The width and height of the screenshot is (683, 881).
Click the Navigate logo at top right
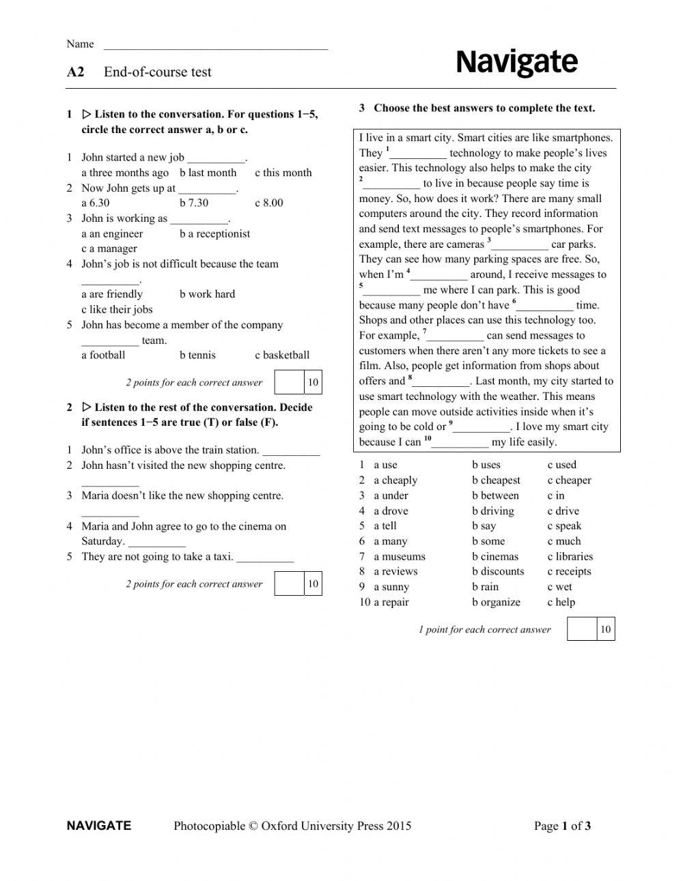click(516, 63)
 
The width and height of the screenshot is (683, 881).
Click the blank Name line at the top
click(215, 46)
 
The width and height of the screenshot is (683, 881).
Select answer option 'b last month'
click(208, 173)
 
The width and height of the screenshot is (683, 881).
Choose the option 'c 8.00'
click(268, 203)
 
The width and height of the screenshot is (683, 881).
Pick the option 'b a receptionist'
click(214, 233)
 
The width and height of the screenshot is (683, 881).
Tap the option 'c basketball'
click(281, 355)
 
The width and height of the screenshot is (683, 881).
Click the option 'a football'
click(103, 355)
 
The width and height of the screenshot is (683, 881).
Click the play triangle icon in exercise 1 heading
click(87, 114)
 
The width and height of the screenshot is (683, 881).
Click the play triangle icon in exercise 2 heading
click(87, 407)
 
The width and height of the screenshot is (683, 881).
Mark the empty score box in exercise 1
click(289, 382)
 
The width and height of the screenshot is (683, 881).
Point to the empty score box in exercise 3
click(581, 629)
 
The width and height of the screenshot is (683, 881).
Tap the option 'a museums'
click(399, 556)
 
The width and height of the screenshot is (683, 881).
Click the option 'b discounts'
click(498, 571)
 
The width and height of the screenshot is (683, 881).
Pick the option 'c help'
click(561, 602)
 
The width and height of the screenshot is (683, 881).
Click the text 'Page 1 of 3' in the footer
click(562, 826)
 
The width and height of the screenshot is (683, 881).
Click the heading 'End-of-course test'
click(157, 72)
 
